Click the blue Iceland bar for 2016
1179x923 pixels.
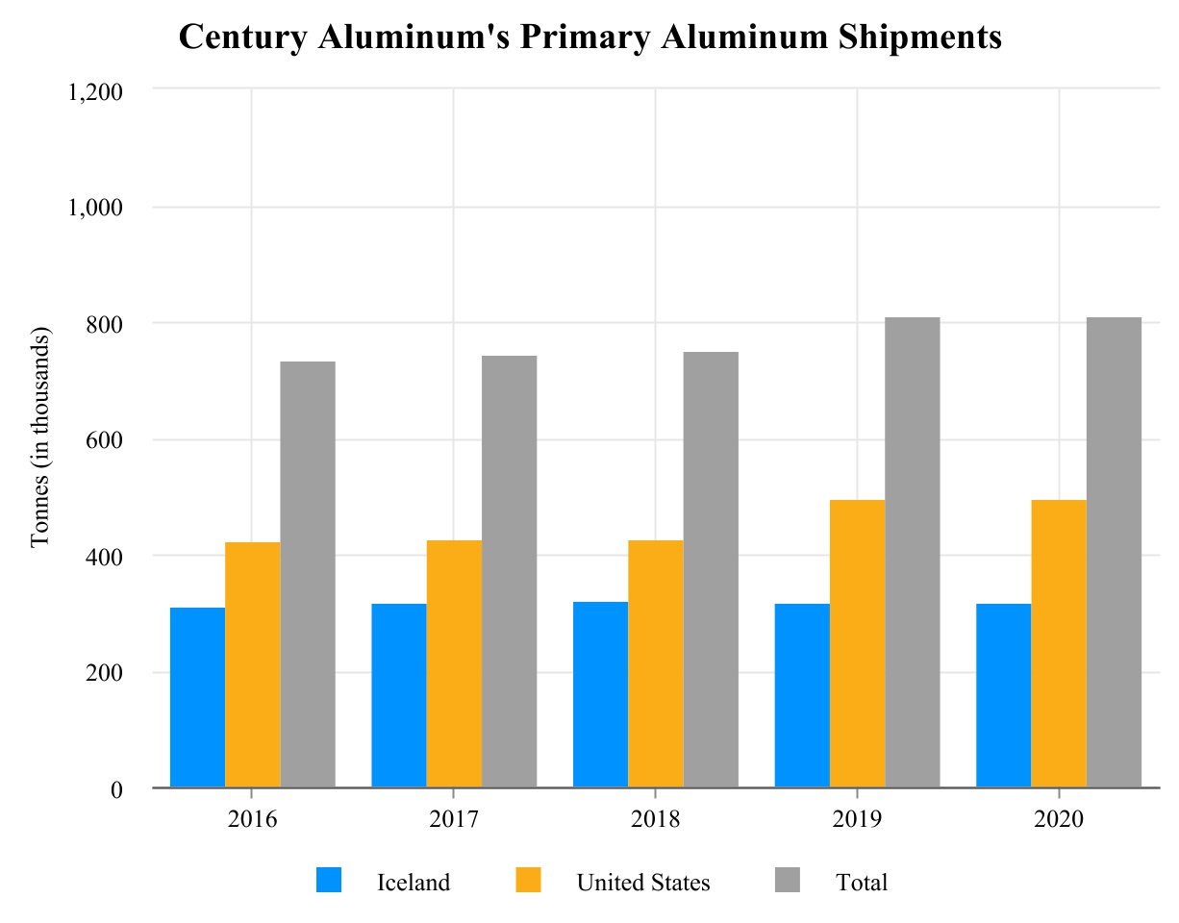click(197, 697)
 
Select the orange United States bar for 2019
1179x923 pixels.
click(857, 643)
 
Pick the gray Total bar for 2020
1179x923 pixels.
click(1114, 552)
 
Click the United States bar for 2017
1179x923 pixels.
click(454, 663)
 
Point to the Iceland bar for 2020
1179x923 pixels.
click(1003, 695)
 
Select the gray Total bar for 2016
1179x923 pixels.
click(308, 574)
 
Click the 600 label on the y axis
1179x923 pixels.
click(105, 440)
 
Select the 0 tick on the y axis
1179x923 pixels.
click(116, 789)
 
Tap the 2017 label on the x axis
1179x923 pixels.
click(453, 820)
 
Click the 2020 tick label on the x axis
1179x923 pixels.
click(1059, 820)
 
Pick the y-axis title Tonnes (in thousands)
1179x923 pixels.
click(40, 439)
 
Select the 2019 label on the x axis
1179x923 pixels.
click(857, 820)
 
